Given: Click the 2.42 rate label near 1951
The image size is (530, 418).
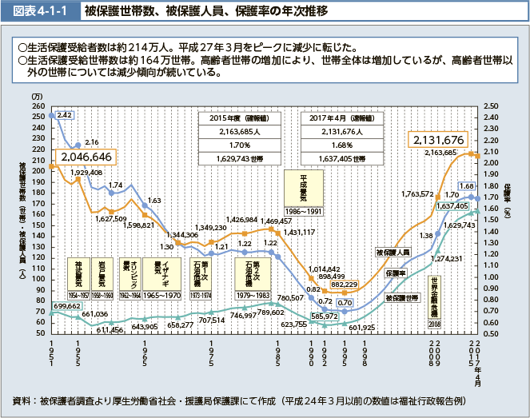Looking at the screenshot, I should tap(65, 116).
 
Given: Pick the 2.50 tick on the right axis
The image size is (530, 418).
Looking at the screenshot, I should tap(491, 105).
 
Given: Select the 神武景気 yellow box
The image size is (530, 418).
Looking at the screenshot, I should tap(78, 273).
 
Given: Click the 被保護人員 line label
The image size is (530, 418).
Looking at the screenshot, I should tap(393, 252).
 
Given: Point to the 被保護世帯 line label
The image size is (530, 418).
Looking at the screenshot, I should tap(401, 297).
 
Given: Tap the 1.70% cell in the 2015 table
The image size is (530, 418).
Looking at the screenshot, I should tap(237, 145).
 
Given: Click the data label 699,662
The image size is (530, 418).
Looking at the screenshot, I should tap(68, 306).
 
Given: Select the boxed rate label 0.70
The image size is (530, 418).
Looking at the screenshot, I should tap(345, 303).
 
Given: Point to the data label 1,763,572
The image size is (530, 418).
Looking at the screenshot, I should tap(417, 194).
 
